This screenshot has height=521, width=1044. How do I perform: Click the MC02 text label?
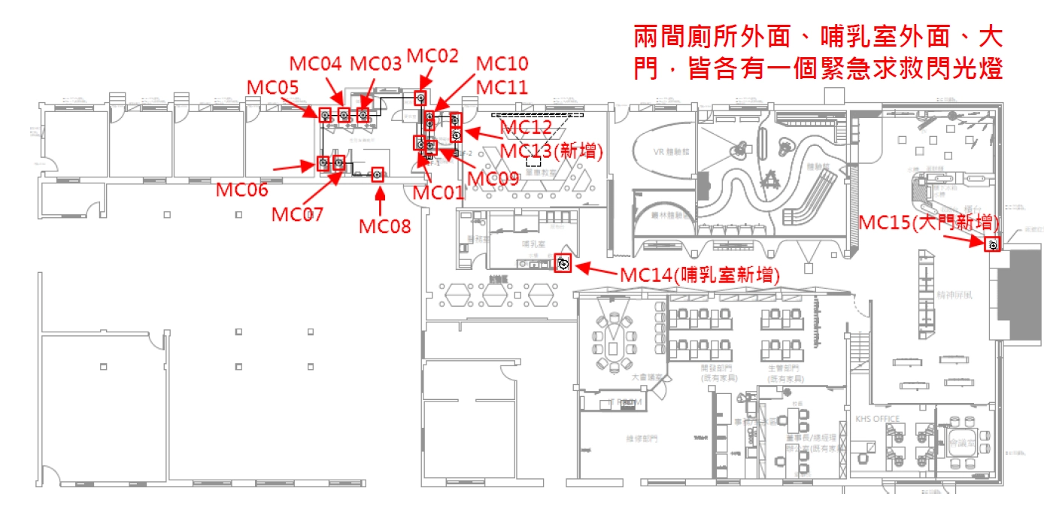432,56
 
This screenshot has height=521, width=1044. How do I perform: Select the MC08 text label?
384,225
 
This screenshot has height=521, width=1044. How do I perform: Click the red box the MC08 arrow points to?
378,174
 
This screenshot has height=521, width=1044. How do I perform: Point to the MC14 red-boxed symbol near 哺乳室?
563,263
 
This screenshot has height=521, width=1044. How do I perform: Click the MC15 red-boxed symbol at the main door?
993,244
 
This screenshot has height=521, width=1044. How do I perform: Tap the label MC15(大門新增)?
929,222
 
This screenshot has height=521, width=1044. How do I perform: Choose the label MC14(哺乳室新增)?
700,275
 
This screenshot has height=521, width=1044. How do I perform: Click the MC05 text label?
272,87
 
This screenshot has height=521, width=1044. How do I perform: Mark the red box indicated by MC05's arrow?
325,115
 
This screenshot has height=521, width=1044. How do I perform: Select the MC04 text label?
317,63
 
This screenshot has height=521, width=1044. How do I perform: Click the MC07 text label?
297,214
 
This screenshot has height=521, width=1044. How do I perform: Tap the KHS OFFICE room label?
877,418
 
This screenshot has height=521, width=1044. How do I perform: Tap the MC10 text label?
502,63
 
